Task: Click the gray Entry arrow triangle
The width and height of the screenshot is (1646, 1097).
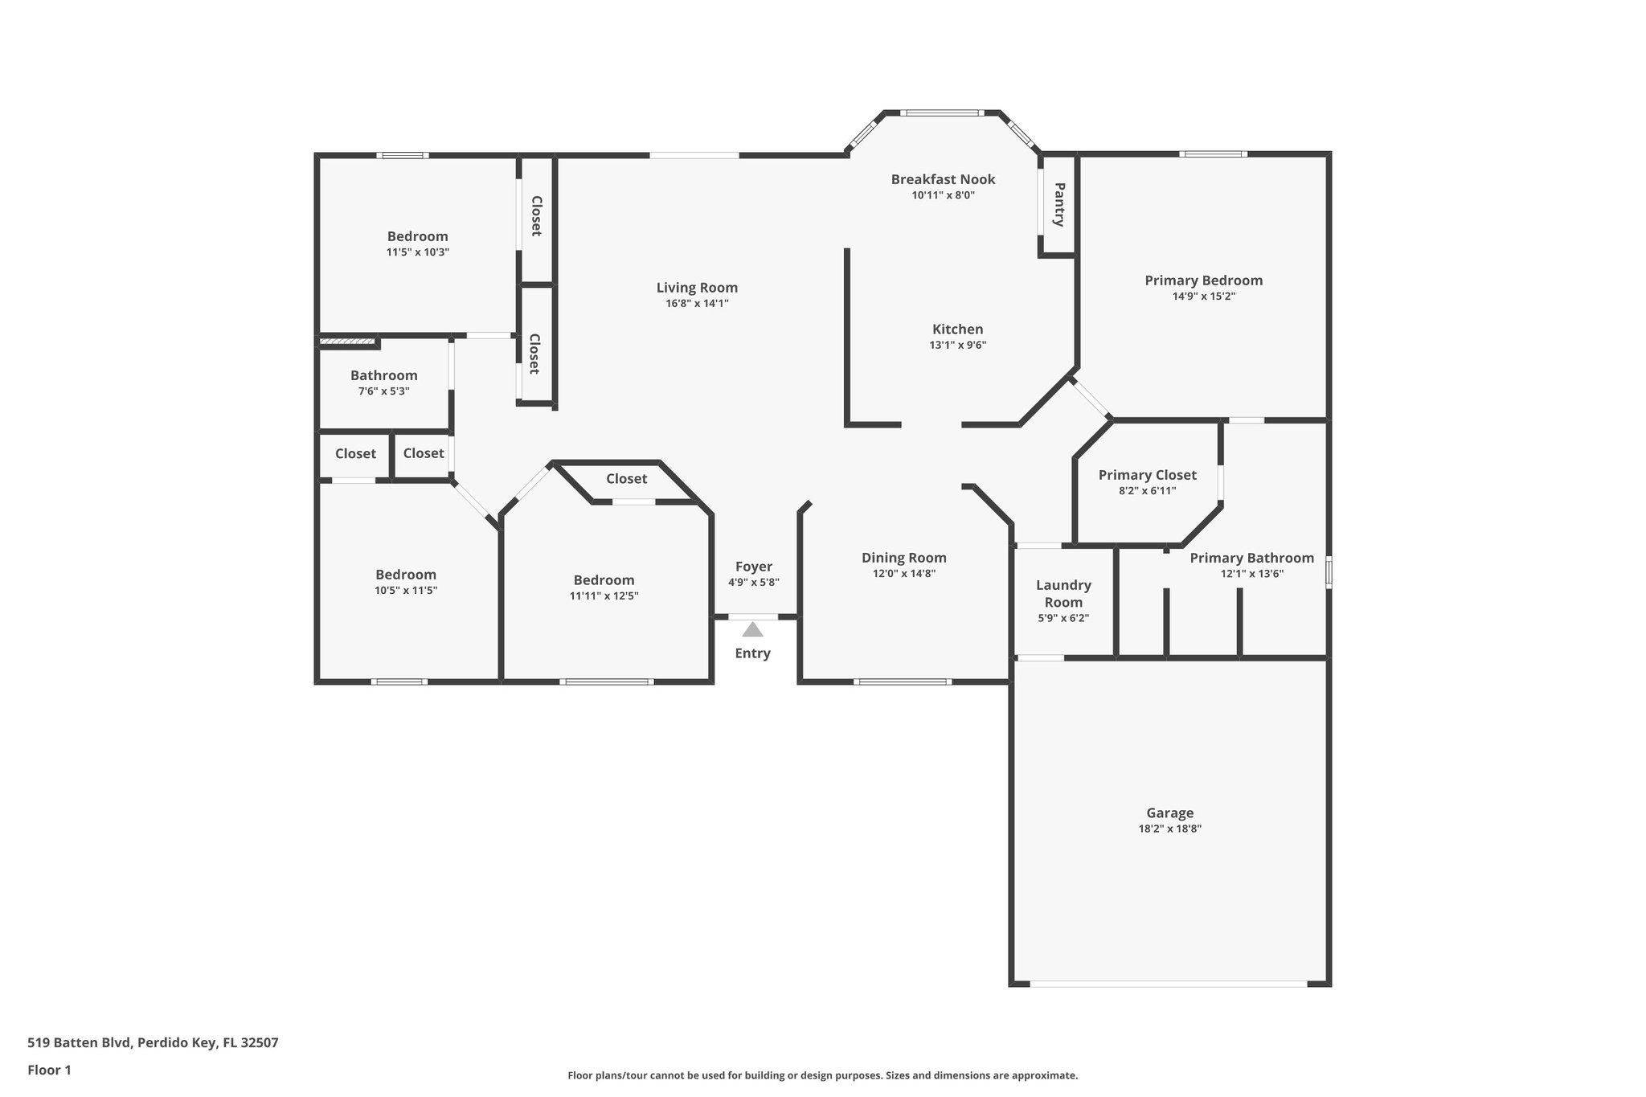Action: [752, 629]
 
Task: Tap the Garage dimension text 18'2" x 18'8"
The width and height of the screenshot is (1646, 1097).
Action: [1169, 829]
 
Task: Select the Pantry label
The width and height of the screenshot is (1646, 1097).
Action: [1059, 204]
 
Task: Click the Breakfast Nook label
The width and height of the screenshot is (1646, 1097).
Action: [943, 179]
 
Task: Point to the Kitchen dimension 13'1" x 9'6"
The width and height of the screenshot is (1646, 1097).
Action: [957, 345]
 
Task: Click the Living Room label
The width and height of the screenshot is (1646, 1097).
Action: [697, 288]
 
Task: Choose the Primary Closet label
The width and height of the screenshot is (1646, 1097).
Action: [1147, 475]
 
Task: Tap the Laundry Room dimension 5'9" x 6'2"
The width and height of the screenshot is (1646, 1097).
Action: [1063, 618]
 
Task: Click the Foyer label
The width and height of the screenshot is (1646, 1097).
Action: [753, 567]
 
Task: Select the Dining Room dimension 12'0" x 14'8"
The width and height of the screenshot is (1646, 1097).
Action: [903, 573]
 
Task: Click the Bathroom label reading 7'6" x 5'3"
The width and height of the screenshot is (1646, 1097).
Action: [383, 375]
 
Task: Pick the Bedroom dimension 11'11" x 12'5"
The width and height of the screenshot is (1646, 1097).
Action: [604, 596]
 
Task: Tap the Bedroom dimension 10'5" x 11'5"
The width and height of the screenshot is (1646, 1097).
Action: [406, 590]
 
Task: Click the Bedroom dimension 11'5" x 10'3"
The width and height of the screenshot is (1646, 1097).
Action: [417, 252]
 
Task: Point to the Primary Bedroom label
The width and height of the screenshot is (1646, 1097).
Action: [1203, 280]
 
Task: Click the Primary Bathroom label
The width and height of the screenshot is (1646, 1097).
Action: [1251, 558]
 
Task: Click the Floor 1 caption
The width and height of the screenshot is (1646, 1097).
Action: [49, 1070]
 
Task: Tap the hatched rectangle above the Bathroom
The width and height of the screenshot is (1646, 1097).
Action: [349, 342]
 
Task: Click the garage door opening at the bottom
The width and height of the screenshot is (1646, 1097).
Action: [1169, 983]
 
